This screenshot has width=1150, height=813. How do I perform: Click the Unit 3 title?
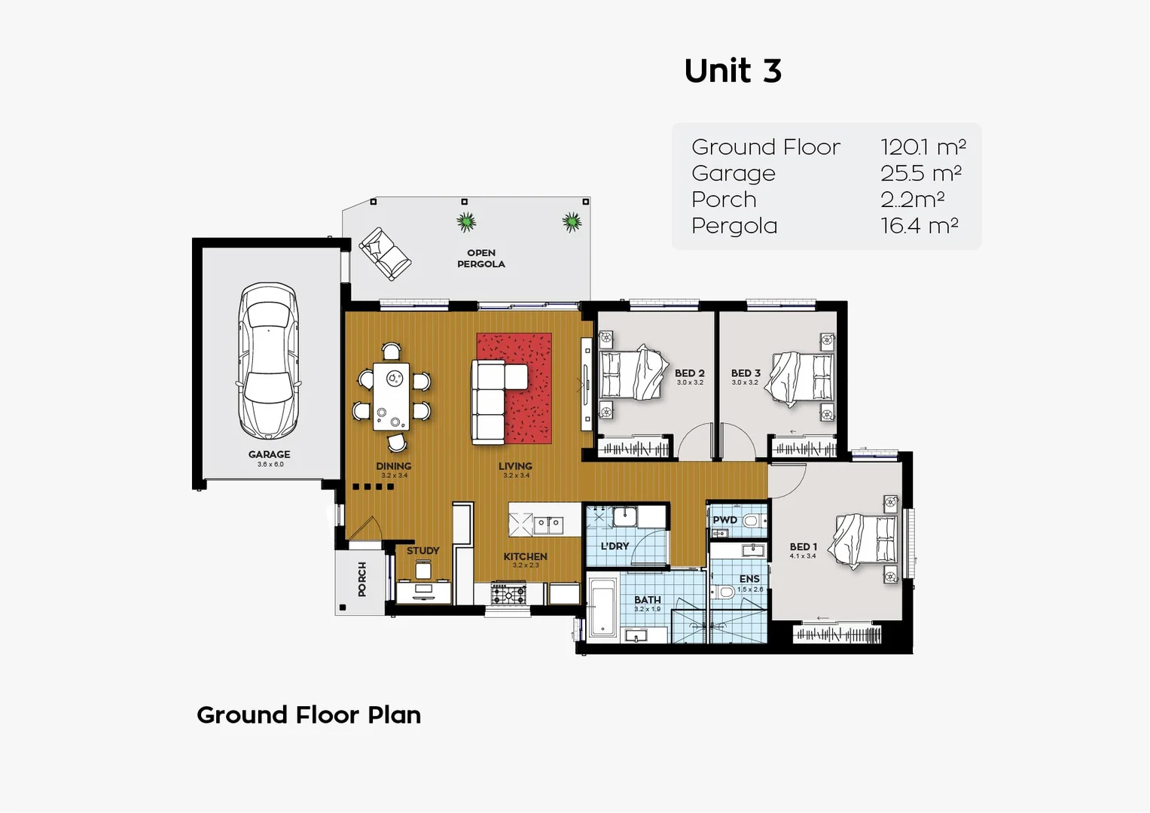[x=733, y=71]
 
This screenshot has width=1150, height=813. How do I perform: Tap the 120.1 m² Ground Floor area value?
[x=923, y=147]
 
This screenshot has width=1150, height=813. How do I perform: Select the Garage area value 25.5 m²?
[x=920, y=173]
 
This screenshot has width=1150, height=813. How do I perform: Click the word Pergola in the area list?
[x=734, y=226]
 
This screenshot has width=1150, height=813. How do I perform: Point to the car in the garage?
[x=268, y=360]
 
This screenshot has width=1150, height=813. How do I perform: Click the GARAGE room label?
[x=269, y=454]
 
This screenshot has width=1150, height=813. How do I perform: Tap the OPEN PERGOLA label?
[x=480, y=258]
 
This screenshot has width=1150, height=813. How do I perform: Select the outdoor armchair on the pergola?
[x=385, y=253]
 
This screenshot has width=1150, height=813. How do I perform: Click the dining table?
[x=391, y=396]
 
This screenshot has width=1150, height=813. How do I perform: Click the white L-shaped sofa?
[x=490, y=399]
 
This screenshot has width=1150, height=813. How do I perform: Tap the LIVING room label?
[x=515, y=466]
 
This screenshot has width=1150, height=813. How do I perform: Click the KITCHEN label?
[x=525, y=556]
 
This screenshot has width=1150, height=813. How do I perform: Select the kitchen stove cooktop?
[x=509, y=594]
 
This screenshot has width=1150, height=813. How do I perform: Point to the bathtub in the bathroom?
[x=602, y=607]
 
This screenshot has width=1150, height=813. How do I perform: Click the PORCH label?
[x=362, y=579]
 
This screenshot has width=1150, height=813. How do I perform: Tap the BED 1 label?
[x=803, y=547]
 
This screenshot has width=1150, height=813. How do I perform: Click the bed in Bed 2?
[x=631, y=373]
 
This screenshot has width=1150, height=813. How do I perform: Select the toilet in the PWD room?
[x=750, y=520]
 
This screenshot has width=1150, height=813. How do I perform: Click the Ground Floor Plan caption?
[x=309, y=714]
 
